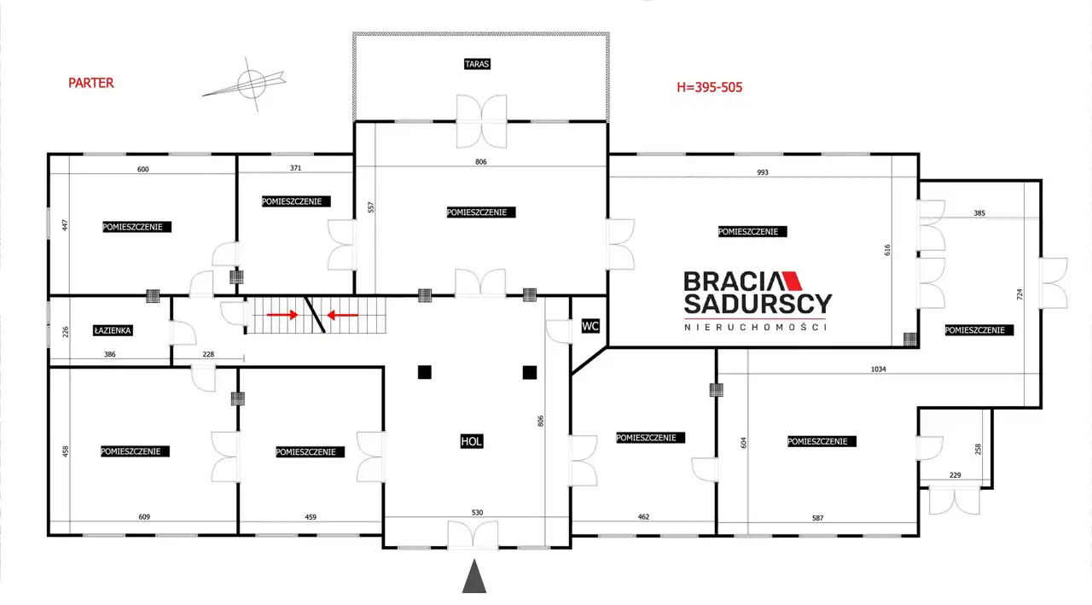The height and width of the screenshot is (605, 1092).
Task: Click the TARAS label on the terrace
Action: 477,64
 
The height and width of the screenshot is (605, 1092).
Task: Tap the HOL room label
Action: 472,441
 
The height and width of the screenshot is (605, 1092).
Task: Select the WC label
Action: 590,326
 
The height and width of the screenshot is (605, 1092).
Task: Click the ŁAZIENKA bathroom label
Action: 113,330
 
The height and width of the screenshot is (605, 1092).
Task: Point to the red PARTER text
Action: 91,83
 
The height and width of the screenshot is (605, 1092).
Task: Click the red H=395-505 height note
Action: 709,87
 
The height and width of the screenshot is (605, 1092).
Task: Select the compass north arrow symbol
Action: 245,84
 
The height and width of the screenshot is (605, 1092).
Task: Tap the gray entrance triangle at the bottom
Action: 473,576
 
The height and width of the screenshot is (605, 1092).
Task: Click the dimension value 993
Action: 763,172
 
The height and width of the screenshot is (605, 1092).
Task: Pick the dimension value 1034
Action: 878,369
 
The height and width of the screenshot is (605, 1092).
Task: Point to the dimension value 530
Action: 477,512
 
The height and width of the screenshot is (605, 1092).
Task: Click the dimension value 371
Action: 295,168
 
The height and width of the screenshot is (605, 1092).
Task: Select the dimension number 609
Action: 144,517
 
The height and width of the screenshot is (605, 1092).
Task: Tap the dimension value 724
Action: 1019,294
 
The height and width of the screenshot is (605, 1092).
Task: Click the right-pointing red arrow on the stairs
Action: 282,315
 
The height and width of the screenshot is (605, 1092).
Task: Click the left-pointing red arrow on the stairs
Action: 342,316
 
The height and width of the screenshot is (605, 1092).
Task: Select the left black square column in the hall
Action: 425,372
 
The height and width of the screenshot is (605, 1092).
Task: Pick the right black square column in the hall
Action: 530,373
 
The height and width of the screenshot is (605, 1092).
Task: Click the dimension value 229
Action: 955,474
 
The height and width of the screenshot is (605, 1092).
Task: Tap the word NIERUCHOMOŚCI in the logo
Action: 756,328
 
